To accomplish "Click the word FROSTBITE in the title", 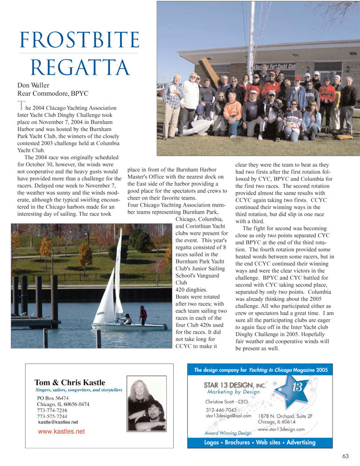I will (79, 40).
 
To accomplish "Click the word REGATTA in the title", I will (80, 67).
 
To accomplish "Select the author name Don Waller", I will (33, 85).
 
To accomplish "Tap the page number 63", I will (345, 456).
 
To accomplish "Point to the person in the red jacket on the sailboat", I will (143, 314).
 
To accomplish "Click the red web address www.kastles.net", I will (61, 431).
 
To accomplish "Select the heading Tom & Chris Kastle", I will (70, 383).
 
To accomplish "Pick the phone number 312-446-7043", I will (222, 410).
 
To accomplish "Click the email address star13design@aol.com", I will (228, 416).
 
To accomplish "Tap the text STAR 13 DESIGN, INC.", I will (232, 385).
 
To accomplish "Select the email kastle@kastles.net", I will (58, 423).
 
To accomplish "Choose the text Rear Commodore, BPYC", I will (53, 94).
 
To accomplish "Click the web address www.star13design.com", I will (281, 429).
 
